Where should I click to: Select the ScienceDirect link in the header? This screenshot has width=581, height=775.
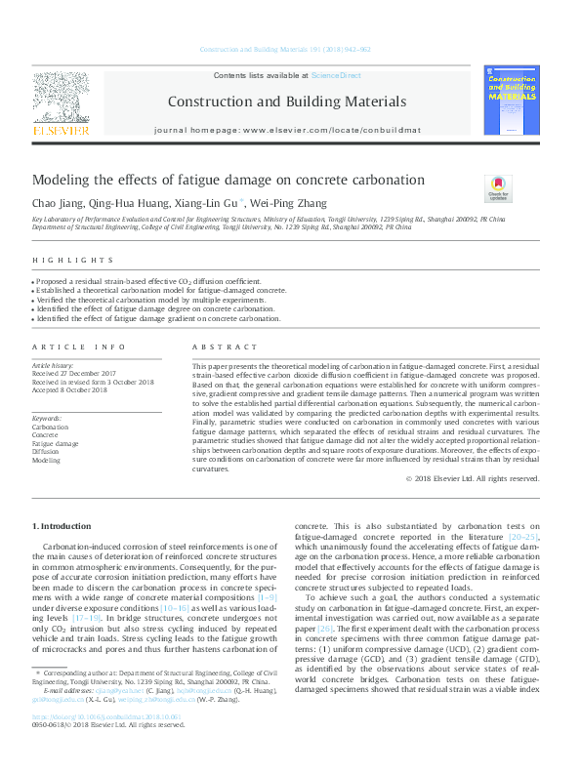click(x=337, y=75)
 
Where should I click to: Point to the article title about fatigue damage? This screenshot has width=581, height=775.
click(x=215, y=180)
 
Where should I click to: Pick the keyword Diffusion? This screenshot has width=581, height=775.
click(x=45, y=452)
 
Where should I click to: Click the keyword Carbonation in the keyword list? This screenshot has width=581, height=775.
click(x=50, y=428)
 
